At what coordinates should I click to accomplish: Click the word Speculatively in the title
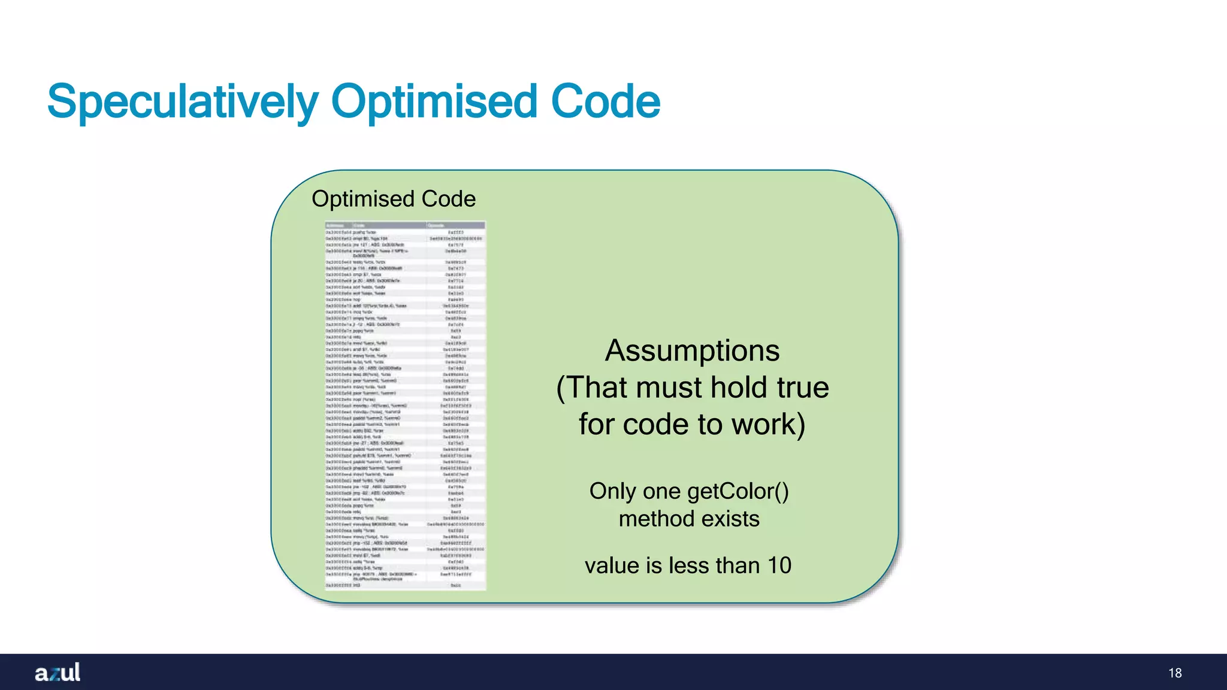point(183,102)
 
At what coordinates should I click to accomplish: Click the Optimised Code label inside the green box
point(394,199)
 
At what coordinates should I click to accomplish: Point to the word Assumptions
point(692,350)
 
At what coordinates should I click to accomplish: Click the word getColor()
point(738,491)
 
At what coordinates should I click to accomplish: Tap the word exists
point(730,519)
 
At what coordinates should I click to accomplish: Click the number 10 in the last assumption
point(779,565)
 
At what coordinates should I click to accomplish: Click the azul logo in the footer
point(58,673)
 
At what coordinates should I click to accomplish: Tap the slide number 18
point(1175,673)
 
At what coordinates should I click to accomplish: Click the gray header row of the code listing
point(405,225)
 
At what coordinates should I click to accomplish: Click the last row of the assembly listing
point(405,585)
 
